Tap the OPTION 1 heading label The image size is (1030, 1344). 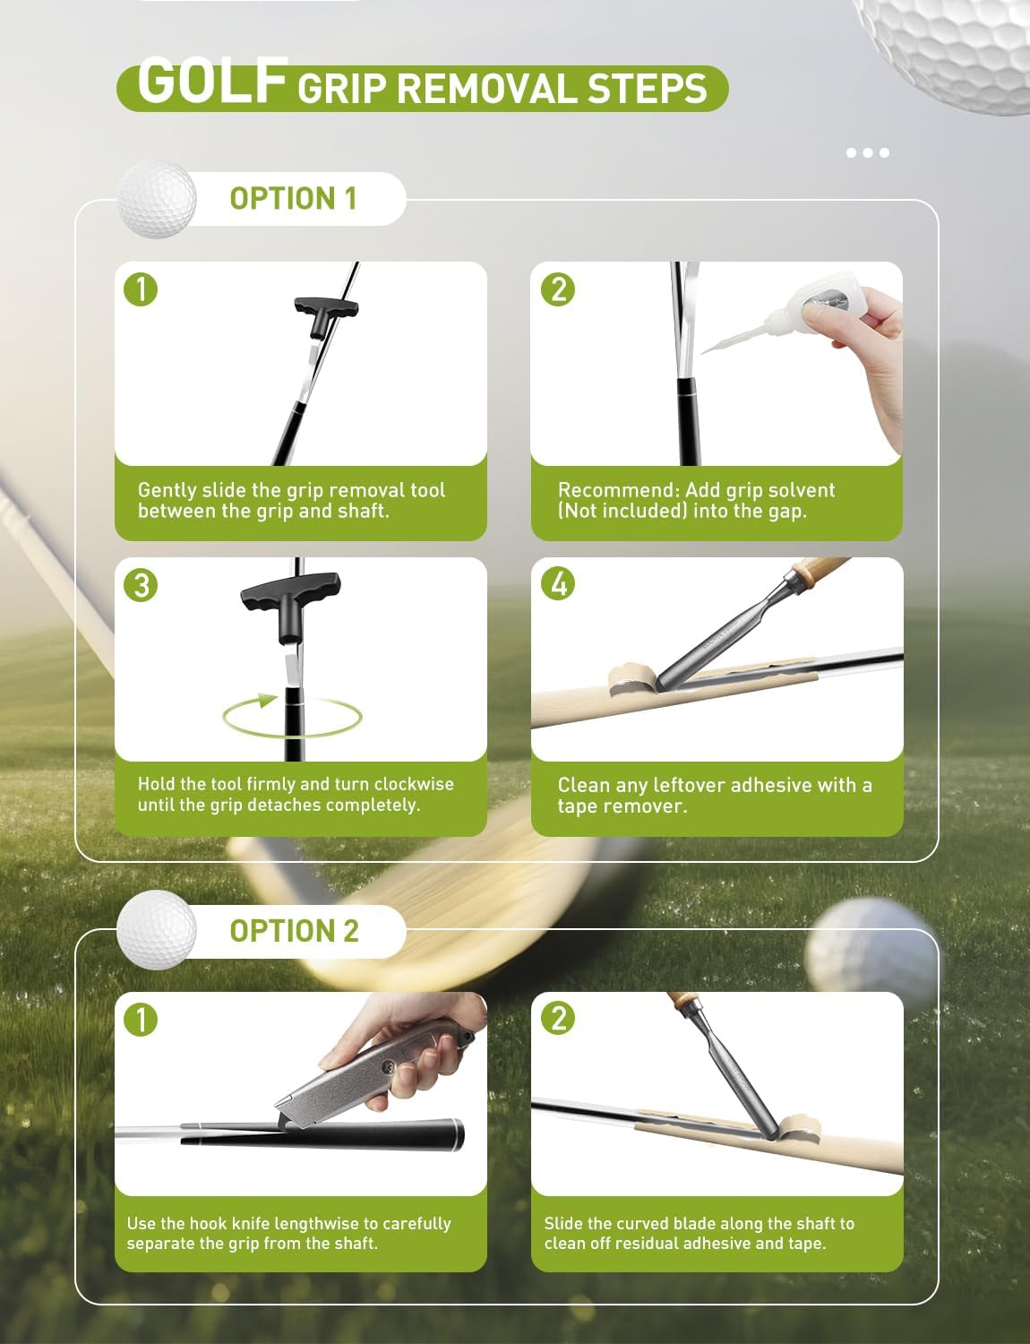click(293, 198)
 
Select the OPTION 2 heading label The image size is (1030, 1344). click(294, 931)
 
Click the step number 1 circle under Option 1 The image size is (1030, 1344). click(142, 289)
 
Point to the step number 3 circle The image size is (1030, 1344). click(142, 585)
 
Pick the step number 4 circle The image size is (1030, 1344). click(559, 584)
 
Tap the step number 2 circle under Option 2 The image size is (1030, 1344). click(559, 1019)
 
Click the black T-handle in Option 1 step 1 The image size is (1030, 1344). click(326, 310)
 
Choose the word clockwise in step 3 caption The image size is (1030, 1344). click(413, 784)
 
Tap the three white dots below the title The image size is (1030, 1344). click(867, 152)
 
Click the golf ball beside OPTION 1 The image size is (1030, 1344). click(157, 199)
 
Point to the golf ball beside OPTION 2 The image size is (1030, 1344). click(157, 929)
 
